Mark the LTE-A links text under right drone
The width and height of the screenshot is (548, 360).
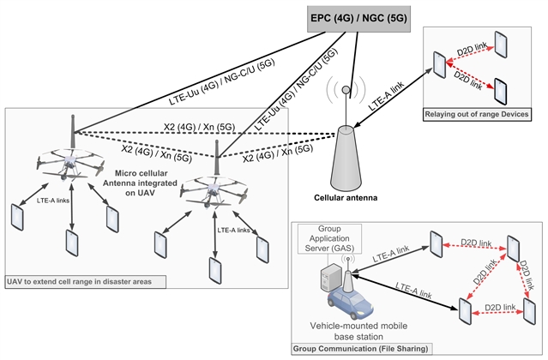click(234, 230)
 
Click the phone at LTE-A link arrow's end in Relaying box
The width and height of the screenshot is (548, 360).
click(439, 63)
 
